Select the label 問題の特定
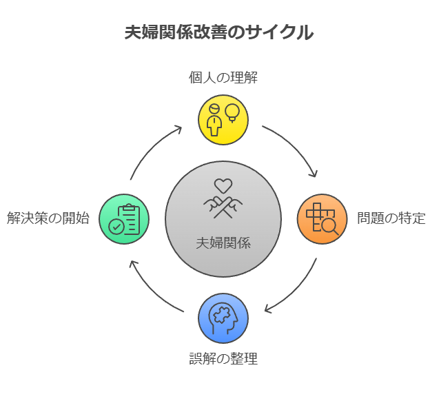[391, 219]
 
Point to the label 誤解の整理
[223, 359]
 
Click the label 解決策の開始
[48, 219]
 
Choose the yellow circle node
[223, 120]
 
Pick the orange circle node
[322, 219]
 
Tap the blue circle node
[223, 318]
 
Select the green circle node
[124, 219]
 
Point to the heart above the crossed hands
[223, 185]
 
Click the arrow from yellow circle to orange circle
[294, 145]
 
